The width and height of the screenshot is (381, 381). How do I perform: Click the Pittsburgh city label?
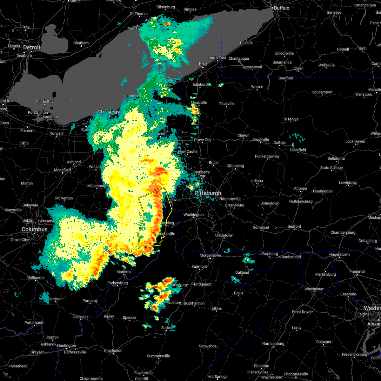(208, 193)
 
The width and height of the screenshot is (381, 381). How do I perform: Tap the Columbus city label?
(34, 229)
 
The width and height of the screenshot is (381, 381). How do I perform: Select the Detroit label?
(32, 48)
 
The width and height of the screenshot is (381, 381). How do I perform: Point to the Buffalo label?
(282, 8)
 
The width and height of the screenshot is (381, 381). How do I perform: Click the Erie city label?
(203, 64)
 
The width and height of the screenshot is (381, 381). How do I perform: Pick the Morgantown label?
(210, 255)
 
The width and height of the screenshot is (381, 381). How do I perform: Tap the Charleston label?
(113, 351)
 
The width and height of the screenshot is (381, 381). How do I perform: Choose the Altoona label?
(300, 188)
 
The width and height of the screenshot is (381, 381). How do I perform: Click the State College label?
(331, 168)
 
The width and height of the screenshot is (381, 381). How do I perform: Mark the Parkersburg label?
(117, 283)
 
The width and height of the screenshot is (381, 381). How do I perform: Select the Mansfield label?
(62, 170)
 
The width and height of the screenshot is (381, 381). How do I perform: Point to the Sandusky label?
(51, 117)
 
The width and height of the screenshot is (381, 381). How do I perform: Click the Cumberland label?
(291, 257)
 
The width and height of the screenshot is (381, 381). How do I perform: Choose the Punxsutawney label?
(267, 156)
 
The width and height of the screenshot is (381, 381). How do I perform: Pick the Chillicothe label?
(36, 278)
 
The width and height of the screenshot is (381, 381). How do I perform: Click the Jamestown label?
(252, 67)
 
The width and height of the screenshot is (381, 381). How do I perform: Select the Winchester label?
(314, 289)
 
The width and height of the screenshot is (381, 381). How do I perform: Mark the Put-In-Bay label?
(45, 102)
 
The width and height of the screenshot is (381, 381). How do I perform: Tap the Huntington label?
(67, 346)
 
